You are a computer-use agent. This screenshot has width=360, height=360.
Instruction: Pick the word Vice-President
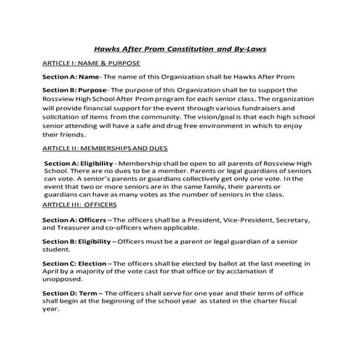pos(236,219)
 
